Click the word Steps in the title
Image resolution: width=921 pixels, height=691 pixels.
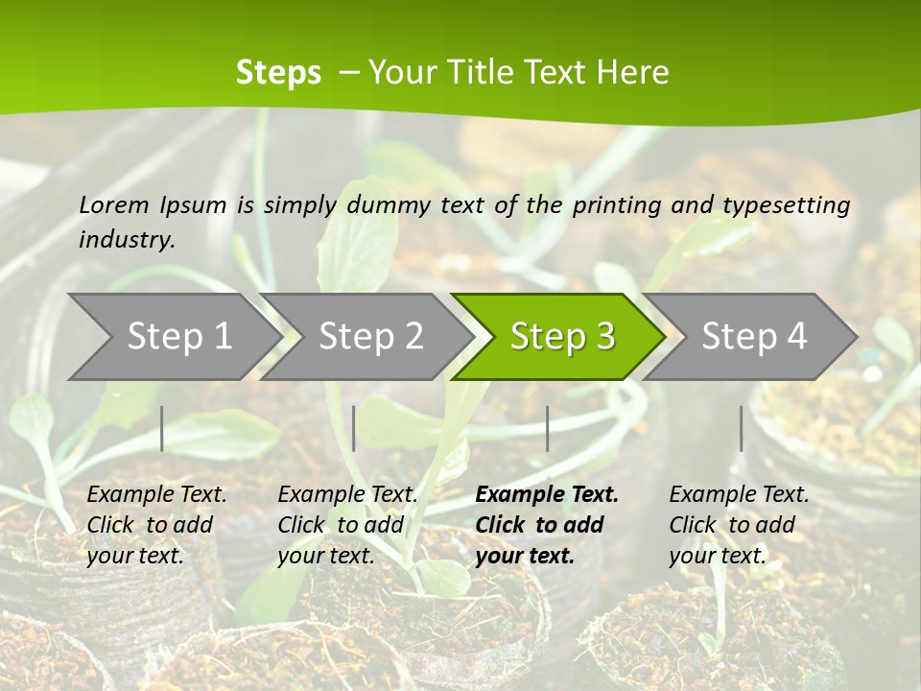click(278, 73)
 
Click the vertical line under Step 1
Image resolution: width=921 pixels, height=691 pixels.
click(162, 428)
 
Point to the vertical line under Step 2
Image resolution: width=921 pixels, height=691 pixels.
click(354, 428)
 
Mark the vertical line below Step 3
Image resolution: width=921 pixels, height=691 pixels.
click(547, 428)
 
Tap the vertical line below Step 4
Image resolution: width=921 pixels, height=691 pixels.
click(741, 428)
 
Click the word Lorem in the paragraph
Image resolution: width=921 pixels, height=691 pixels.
click(114, 204)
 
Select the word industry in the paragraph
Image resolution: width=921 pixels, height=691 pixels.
click(127, 240)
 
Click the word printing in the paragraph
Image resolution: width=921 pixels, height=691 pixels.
click(617, 205)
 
